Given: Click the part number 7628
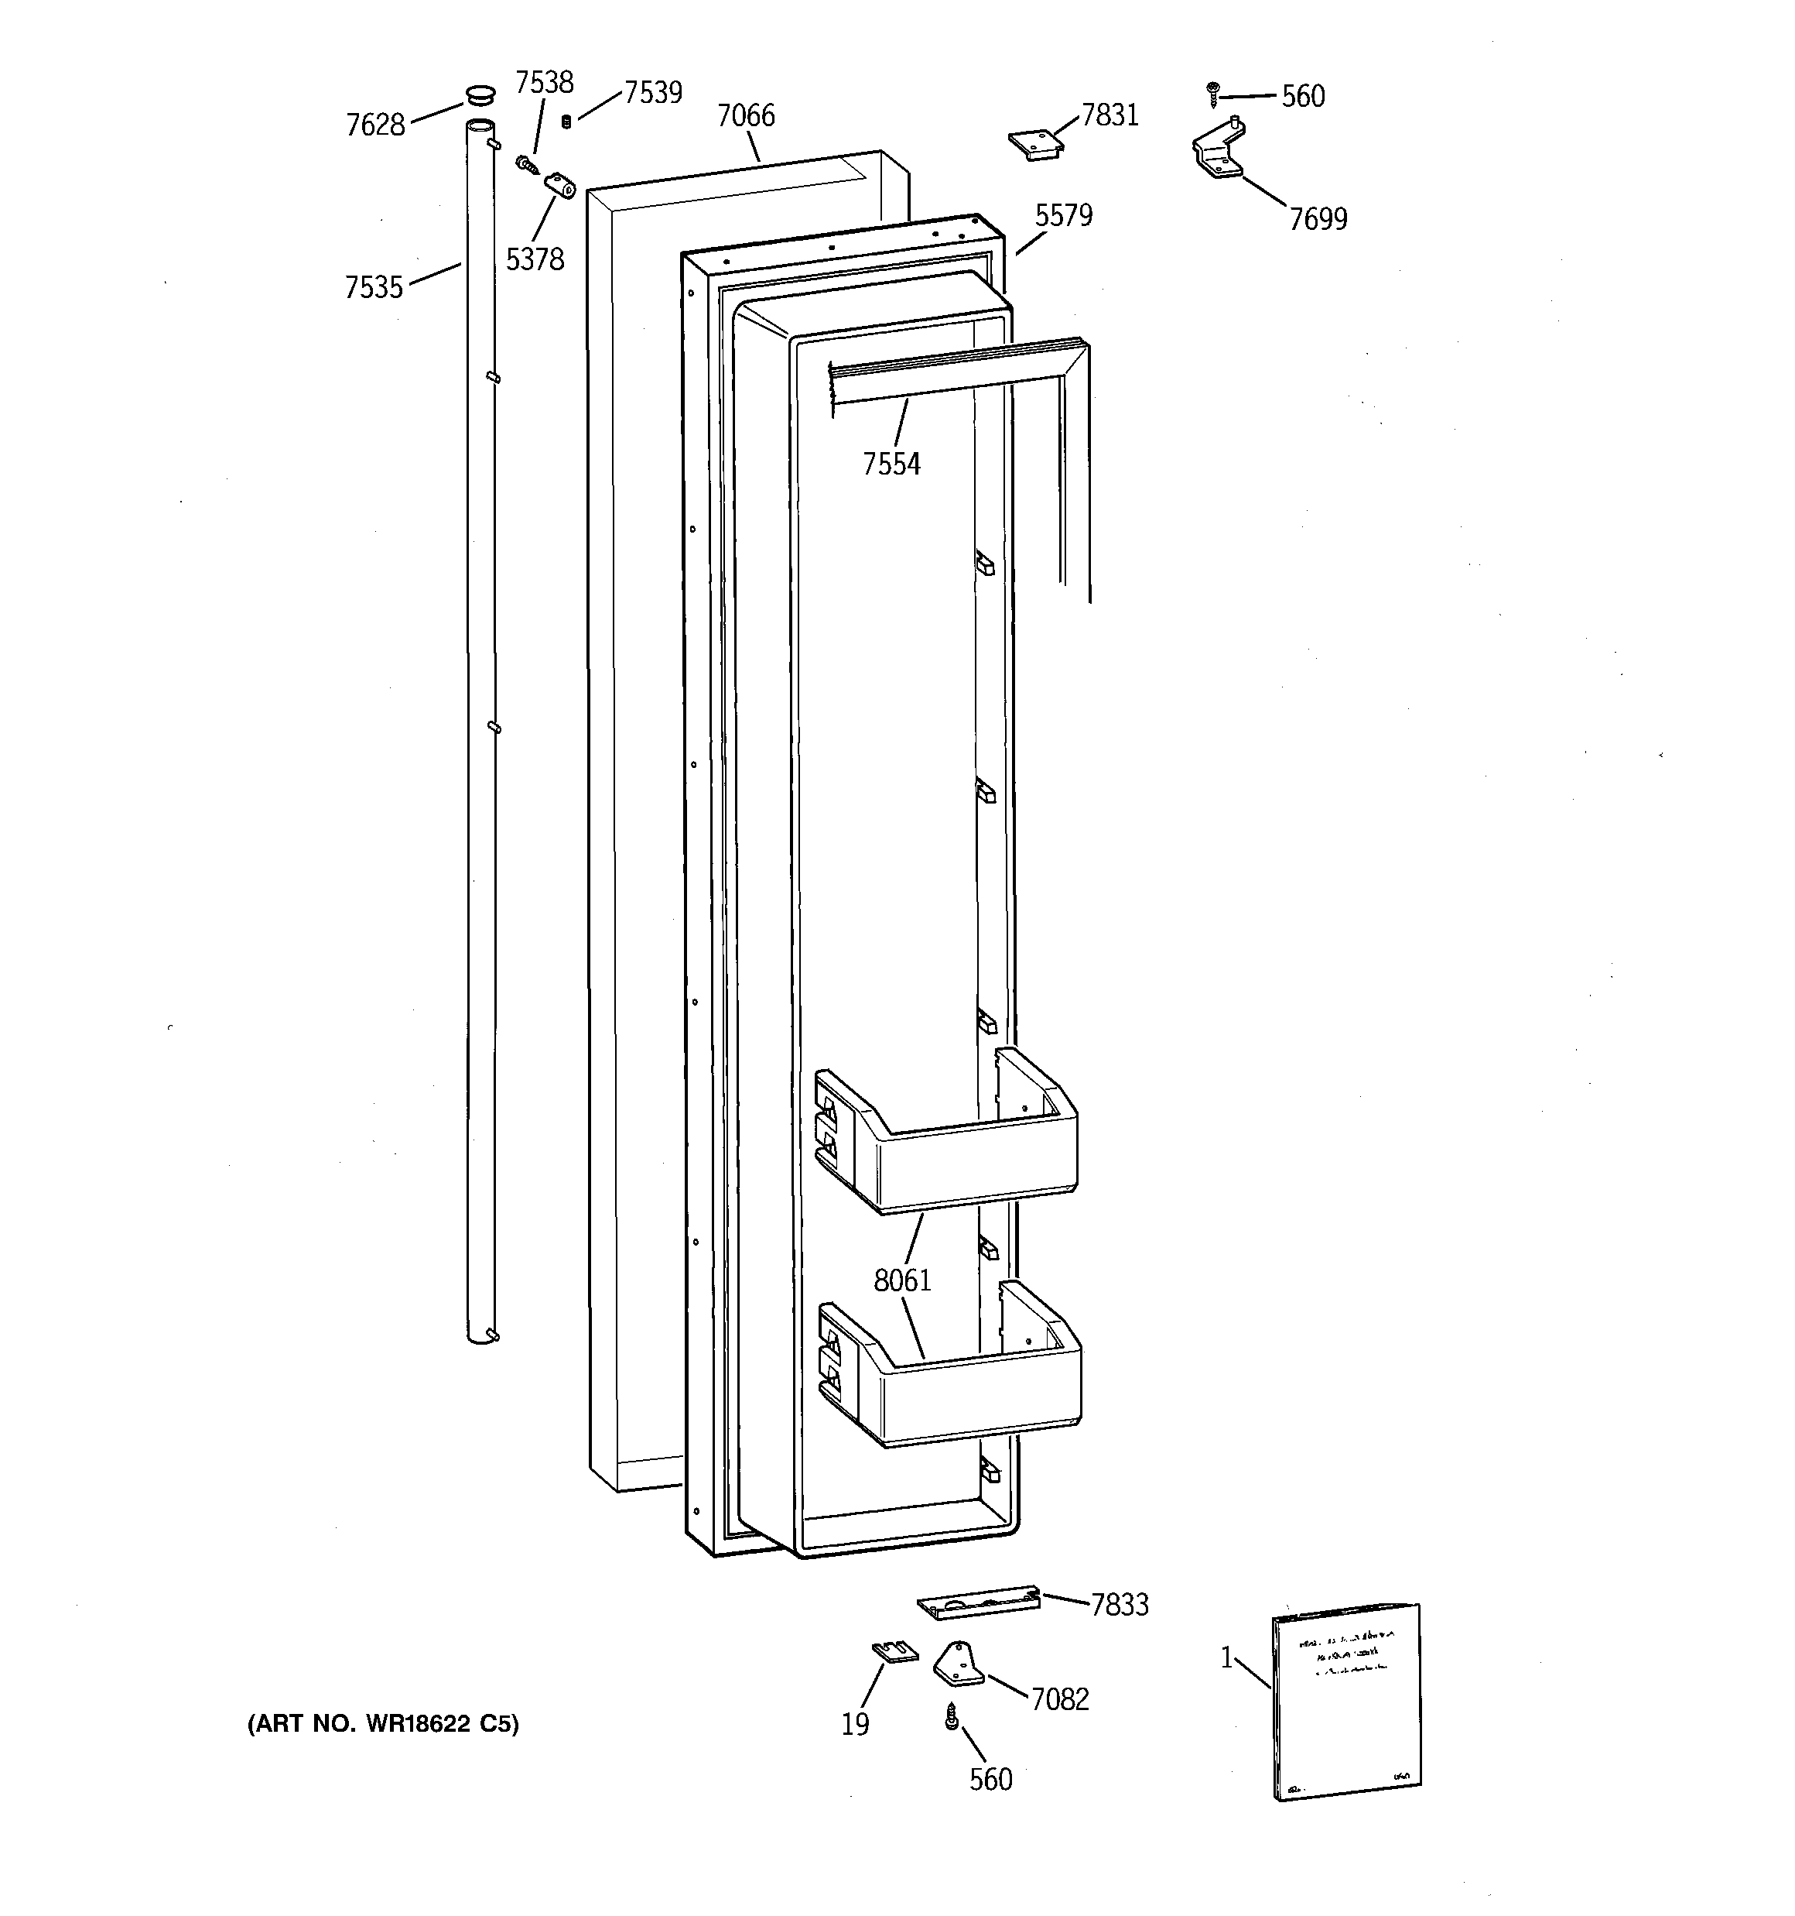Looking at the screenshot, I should (x=374, y=125).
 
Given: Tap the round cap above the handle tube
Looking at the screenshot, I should (x=480, y=94).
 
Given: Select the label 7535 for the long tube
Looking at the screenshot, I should (x=374, y=287).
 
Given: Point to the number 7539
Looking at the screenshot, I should (x=653, y=93).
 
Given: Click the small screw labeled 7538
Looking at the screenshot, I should (x=526, y=165).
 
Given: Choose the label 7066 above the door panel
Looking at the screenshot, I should (x=746, y=115).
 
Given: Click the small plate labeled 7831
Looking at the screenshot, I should (x=1034, y=144).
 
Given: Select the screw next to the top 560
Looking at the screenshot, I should (x=1213, y=94).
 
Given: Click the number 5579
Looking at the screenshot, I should (x=1064, y=215).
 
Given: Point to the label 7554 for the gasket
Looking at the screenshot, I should (x=891, y=464).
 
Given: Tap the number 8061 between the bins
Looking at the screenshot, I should (x=902, y=1281).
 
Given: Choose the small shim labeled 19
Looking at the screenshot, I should (x=895, y=1652).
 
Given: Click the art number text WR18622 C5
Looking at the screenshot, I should (x=384, y=1724).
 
